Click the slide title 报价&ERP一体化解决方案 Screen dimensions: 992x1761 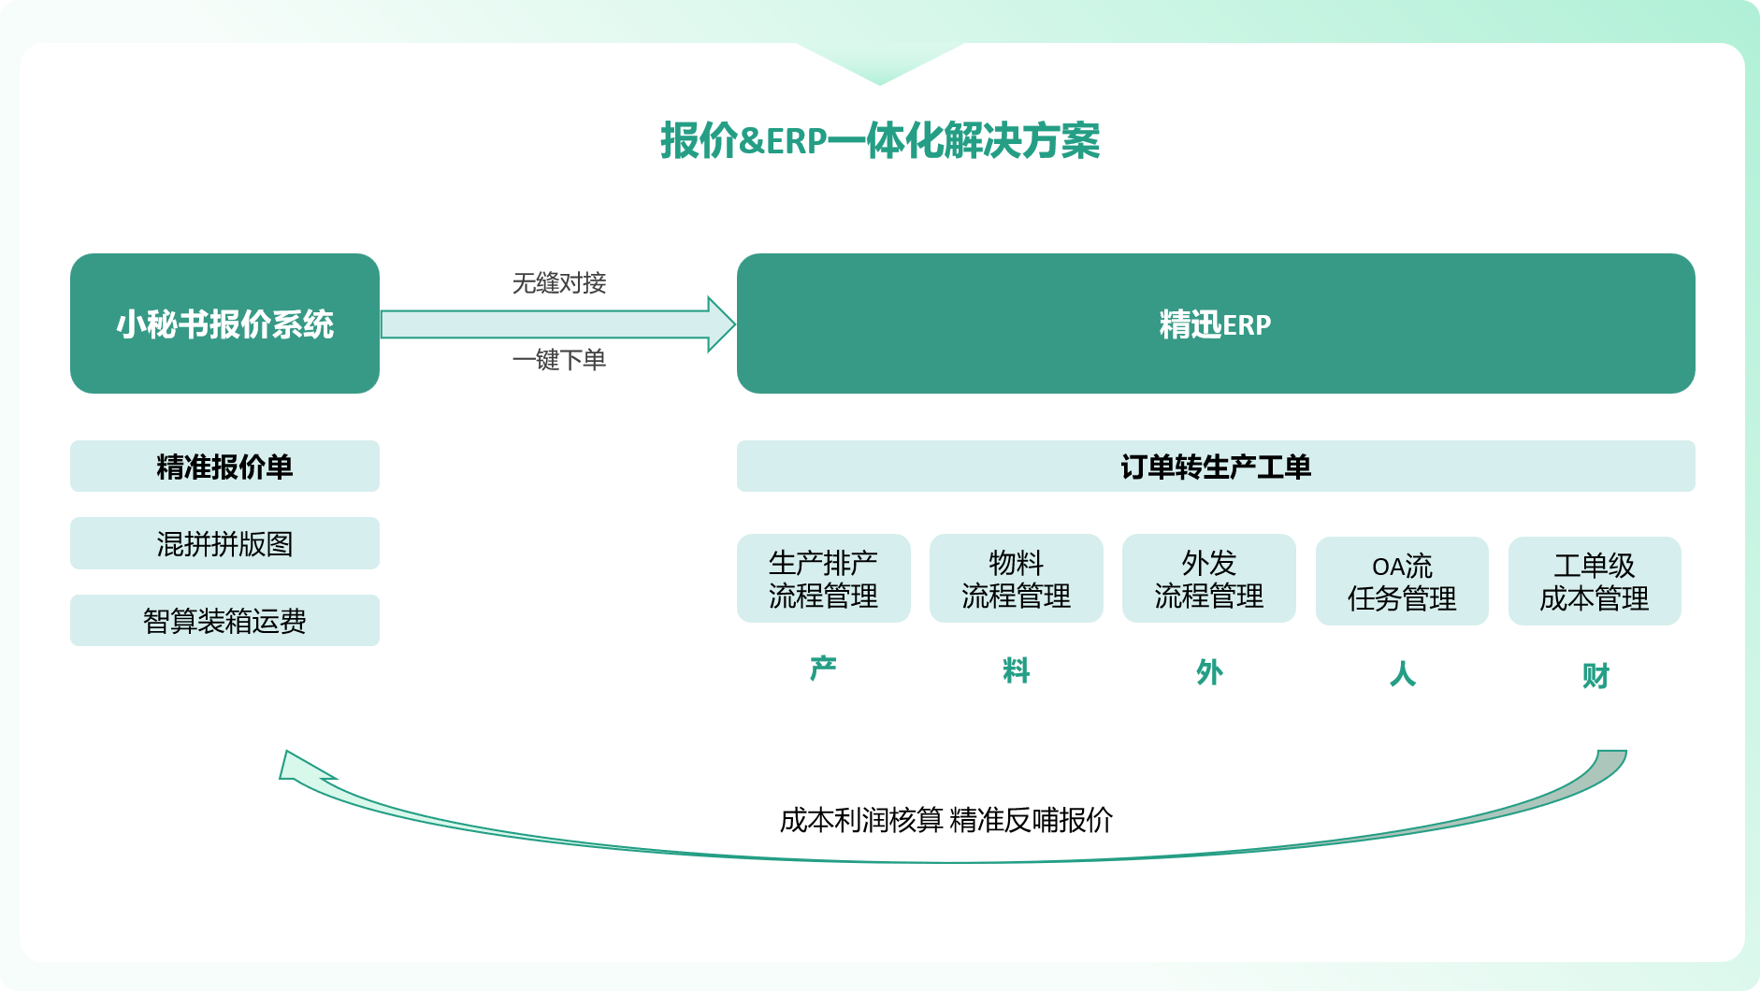(879, 141)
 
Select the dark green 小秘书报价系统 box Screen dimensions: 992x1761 (224, 323)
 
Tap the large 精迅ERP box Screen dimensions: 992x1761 (1215, 323)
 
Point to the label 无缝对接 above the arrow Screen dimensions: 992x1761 (559, 282)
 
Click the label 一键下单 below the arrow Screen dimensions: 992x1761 (559, 360)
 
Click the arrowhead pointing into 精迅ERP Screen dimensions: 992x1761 (720, 324)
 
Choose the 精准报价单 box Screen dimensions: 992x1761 (224, 467)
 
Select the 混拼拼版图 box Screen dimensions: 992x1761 (224, 543)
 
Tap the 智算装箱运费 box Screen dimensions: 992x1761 (224, 621)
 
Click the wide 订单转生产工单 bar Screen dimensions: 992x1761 (1215, 467)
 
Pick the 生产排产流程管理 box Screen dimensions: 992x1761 (823, 579)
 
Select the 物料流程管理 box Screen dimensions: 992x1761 (1016, 579)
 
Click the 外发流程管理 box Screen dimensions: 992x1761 (1208, 579)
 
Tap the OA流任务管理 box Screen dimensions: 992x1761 (1402, 582)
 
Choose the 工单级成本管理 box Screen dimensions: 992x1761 (1595, 582)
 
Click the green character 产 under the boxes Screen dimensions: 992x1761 (823, 669)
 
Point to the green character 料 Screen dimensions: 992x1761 (1016, 670)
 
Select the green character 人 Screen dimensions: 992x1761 (1402, 673)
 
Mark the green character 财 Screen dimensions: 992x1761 (1595, 675)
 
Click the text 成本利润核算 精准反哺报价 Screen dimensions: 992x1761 (945, 820)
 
